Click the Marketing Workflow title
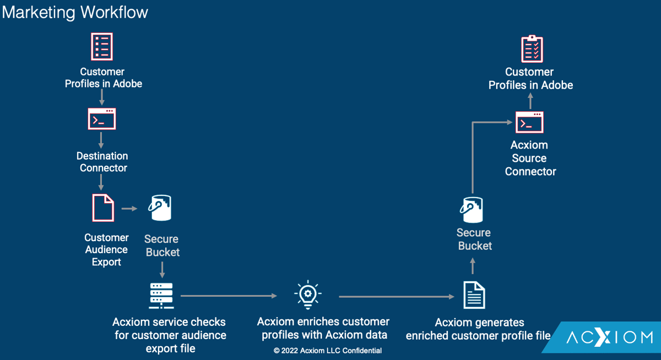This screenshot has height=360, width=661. [x=75, y=12]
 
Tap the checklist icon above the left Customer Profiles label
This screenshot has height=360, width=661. [x=102, y=46]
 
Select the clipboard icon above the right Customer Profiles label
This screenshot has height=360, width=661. [x=532, y=49]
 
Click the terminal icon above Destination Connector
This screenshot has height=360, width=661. [x=102, y=118]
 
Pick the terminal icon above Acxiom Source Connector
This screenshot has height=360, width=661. [x=529, y=122]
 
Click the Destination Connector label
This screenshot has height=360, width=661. [x=102, y=162]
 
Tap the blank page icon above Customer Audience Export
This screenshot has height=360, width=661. [x=104, y=208]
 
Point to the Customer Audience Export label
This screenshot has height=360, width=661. [x=106, y=249]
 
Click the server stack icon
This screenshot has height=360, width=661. [x=161, y=296]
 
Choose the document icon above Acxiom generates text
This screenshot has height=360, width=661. [x=474, y=294]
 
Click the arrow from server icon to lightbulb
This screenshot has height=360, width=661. [x=229, y=296]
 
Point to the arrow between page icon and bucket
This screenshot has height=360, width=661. [x=129, y=209]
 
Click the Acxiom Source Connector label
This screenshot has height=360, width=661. [x=530, y=158]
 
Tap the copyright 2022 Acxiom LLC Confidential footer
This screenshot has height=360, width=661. [x=328, y=351]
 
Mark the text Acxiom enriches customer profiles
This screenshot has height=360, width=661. [x=323, y=328]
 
